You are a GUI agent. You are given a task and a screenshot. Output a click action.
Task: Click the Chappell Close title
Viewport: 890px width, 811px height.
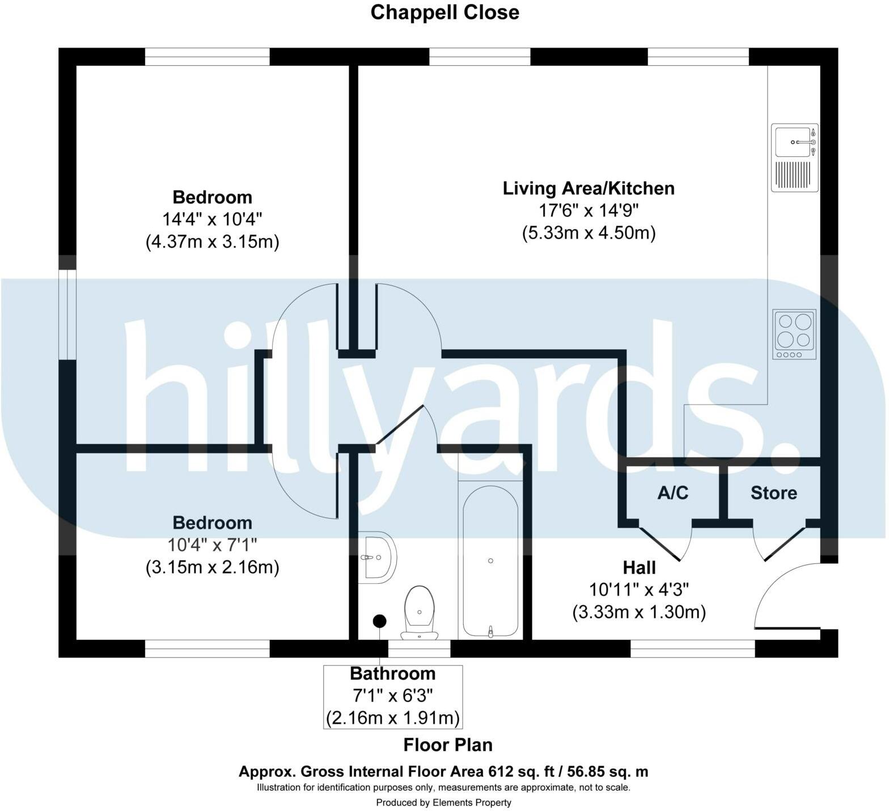pos(444,12)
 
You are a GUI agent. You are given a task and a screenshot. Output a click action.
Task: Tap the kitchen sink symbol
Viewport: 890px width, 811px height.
pos(795,157)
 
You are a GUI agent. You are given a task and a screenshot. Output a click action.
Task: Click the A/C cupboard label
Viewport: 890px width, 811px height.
pos(672,493)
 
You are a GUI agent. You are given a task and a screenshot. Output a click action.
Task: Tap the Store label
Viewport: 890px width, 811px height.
pos(773,493)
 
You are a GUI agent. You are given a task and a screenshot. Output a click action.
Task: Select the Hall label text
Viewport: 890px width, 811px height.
pos(639,567)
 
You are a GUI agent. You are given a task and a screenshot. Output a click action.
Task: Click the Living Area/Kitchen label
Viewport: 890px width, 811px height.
pos(588,188)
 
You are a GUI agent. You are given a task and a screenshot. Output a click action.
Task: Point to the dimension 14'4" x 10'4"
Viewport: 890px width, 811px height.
pos(212,219)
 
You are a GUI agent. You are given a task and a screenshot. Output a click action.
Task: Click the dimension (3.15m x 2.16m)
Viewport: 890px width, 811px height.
pos(212,567)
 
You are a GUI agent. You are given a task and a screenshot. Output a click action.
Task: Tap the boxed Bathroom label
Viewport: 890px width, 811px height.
pos(393,674)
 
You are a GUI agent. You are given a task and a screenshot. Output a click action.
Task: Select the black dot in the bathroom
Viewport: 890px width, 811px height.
pos(379,621)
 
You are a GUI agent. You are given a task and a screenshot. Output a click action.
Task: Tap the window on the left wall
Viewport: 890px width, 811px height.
pos(68,315)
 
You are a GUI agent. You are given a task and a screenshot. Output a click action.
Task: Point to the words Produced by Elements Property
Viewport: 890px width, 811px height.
pos(443,802)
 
